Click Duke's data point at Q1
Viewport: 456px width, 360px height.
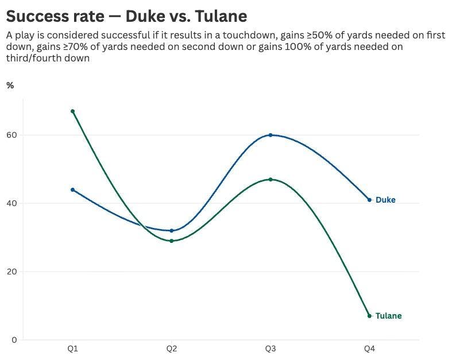(x=72, y=189)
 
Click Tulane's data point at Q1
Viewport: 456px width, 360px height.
(x=72, y=111)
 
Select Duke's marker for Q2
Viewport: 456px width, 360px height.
(x=171, y=230)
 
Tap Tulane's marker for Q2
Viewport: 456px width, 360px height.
(x=171, y=241)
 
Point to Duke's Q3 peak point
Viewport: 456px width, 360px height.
(x=270, y=135)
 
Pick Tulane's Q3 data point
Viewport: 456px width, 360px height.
(x=270, y=179)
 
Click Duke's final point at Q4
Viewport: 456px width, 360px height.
(x=369, y=200)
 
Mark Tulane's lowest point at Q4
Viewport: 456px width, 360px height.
(x=369, y=316)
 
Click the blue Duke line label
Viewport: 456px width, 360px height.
(x=385, y=200)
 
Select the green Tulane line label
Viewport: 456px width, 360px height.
(x=388, y=316)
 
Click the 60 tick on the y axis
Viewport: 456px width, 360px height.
(x=11, y=135)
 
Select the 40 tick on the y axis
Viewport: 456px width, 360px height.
(x=11, y=203)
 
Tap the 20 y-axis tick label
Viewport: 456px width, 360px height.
(x=11, y=272)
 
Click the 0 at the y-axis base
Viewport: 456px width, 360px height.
(x=14, y=340)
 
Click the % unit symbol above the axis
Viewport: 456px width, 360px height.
(x=10, y=86)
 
